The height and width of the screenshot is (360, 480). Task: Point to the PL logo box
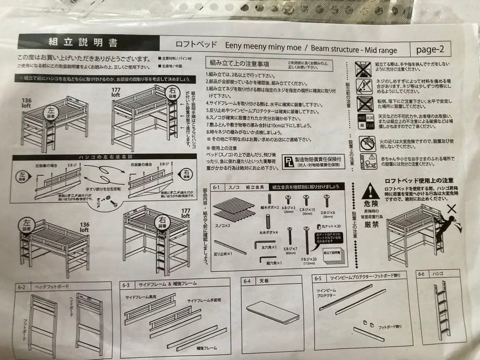(289, 161)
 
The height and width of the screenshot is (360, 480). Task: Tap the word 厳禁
(371, 224)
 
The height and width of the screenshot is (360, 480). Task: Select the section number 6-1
(216, 187)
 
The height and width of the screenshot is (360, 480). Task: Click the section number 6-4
(248, 281)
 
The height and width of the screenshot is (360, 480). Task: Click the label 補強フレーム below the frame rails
(206, 348)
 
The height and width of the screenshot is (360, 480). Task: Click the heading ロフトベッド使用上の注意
(419, 180)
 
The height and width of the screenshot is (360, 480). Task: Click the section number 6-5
(318, 279)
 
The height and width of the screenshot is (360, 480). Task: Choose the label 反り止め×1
(223, 254)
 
